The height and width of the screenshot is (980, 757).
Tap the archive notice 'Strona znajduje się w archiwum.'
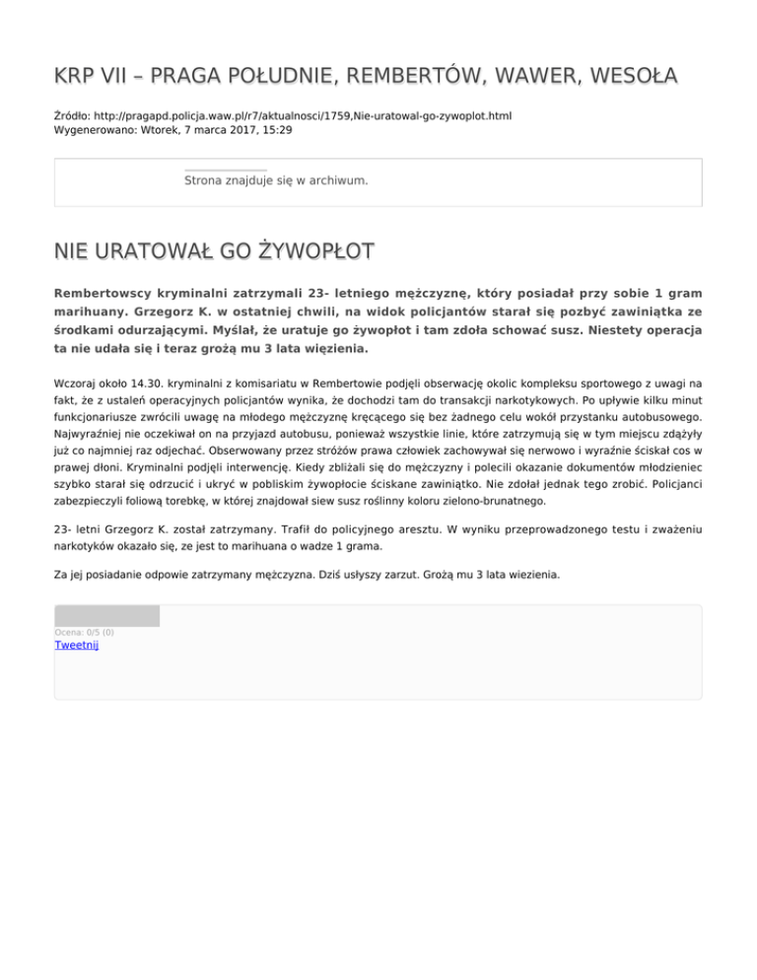pyautogui.click(x=276, y=181)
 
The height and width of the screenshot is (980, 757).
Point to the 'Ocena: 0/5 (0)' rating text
pyautogui.click(x=84, y=632)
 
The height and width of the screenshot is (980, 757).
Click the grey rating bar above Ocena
pyautogui.click(x=106, y=616)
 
